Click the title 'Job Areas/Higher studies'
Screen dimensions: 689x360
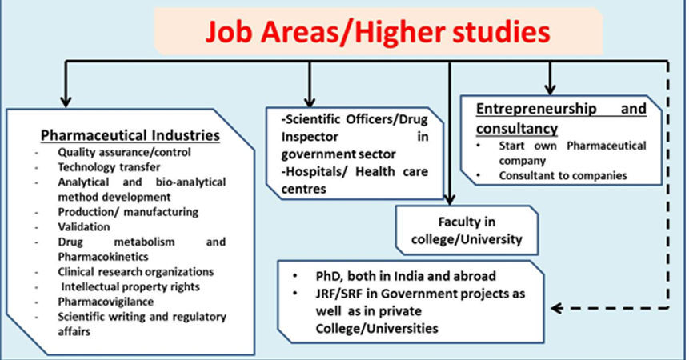click(378, 33)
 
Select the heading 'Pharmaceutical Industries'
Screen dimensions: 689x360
click(130, 135)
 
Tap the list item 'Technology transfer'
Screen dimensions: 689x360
click(109, 167)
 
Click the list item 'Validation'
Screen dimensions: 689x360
click(84, 227)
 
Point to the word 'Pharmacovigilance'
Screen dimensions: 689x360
click(106, 302)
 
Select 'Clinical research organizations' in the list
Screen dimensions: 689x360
click(136, 272)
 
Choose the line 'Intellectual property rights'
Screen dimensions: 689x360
click(130, 286)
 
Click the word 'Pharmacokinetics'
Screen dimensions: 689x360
click(103, 257)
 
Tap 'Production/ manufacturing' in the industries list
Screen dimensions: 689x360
click(128, 212)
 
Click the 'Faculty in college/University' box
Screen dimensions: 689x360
click(467, 230)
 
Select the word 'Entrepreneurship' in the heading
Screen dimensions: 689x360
click(536, 109)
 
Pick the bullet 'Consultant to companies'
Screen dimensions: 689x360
click(563, 176)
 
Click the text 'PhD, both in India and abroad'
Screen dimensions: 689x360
click(406, 276)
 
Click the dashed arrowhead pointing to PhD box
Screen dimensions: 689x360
click(556, 308)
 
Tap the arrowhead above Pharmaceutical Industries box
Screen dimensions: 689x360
click(66, 102)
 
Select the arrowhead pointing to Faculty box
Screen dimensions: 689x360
click(449, 200)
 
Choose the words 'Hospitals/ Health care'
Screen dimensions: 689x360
click(355, 171)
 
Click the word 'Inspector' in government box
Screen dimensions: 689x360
click(310, 137)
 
